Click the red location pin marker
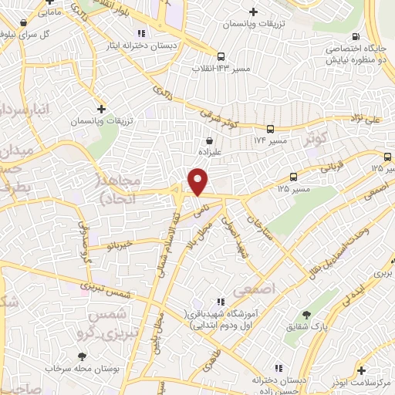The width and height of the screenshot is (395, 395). pyautogui.click(x=198, y=182)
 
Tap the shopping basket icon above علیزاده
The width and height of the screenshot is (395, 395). pyautogui.click(x=209, y=140)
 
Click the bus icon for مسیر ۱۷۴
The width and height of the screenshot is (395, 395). pyautogui.click(x=270, y=130)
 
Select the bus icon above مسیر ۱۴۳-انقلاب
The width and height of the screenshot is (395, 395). pyautogui.click(x=221, y=56)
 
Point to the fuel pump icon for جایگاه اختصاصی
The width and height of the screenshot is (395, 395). pyautogui.click(x=355, y=36)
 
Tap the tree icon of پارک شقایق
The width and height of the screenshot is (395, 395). pyautogui.click(x=307, y=315)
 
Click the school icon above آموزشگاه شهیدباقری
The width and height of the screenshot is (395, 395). pyautogui.click(x=220, y=302)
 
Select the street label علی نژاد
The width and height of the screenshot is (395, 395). pyautogui.click(x=377, y=120)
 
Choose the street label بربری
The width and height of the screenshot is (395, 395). pyautogui.click(x=383, y=273)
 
